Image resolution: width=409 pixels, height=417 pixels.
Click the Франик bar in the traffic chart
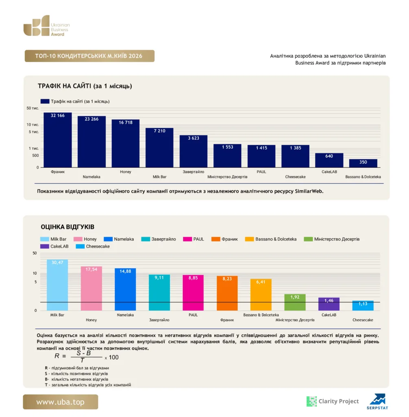pyautogui.click(x=57, y=140)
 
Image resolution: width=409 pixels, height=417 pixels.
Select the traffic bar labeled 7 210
pyautogui.click(x=159, y=147)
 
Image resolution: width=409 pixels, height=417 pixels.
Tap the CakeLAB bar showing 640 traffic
pyautogui.click(x=329, y=160)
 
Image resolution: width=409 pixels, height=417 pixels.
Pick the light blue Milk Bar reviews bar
pyautogui.click(x=57, y=285)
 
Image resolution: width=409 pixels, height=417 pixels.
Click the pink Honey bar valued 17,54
pyautogui.click(x=91, y=288)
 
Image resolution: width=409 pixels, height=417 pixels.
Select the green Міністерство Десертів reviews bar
pyautogui.click(x=295, y=302)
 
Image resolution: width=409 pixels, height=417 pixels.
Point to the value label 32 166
pyautogui.click(x=57, y=115)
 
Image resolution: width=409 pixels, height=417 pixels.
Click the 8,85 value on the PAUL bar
pyautogui.click(x=193, y=278)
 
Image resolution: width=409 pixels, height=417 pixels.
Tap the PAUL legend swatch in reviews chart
pyautogui.click(x=187, y=239)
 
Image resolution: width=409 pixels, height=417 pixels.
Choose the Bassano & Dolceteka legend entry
pyautogui.click(x=271, y=239)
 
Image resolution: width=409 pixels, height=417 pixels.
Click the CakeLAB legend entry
pyautogui.click(x=54, y=246)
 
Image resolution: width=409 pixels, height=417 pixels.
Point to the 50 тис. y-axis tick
pyautogui.click(x=33, y=108)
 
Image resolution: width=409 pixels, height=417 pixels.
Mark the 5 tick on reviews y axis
pyautogui.click(x=36, y=282)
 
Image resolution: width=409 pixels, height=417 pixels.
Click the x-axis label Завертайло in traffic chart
pyautogui.click(x=194, y=172)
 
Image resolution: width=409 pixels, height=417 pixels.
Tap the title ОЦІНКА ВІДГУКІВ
pyautogui.click(x=68, y=227)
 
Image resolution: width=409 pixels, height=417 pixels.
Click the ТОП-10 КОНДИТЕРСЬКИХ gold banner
pyautogui.click(x=90, y=56)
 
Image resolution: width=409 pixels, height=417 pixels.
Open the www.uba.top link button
pyautogui.click(x=60, y=402)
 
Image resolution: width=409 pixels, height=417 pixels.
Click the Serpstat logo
pyautogui.click(x=378, y=402)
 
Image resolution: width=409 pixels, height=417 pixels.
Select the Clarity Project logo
pyautogui.click(x=332, y=401)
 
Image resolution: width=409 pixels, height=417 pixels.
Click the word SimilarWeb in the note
pyautogui.click(x=309, y=191)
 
